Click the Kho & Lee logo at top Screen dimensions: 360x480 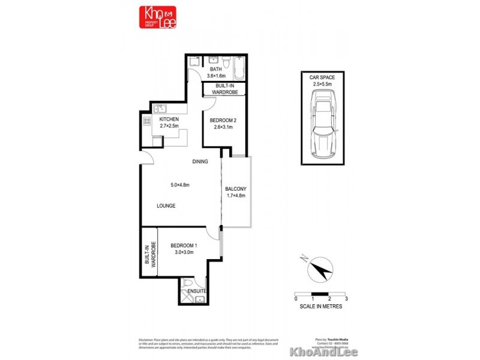(x=158, y=17)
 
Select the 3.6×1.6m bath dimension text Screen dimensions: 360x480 (x=215, y=76)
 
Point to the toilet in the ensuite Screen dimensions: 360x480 (x=188, y=284)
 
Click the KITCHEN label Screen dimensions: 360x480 (x=169, y=119)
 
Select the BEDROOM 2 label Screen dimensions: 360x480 (x=223, y=121)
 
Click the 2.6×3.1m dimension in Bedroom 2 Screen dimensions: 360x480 (x=223, y=127)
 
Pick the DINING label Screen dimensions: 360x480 (x=200, y=162)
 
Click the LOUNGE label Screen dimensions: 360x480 (x=166, y=206)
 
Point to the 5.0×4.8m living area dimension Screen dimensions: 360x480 (x=179, y=185)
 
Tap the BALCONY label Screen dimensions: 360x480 (x=236, y=189)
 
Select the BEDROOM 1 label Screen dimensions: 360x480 (x=184, y=245)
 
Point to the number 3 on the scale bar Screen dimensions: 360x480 (x=347, y=298)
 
